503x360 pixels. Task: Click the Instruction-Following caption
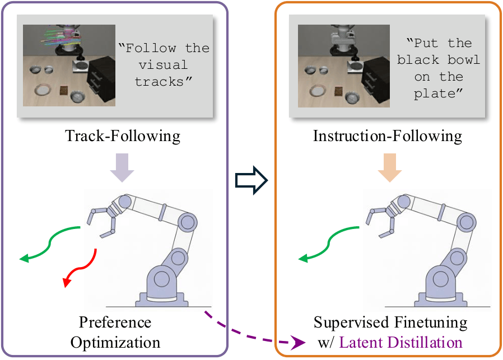(x=388, y=135)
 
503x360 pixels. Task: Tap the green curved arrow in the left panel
(x=53, y=244)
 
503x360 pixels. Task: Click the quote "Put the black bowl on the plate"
(x=439, y=68)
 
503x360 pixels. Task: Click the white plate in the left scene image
(x=43, y=89)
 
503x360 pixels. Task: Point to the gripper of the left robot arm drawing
(x=101, y=218)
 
